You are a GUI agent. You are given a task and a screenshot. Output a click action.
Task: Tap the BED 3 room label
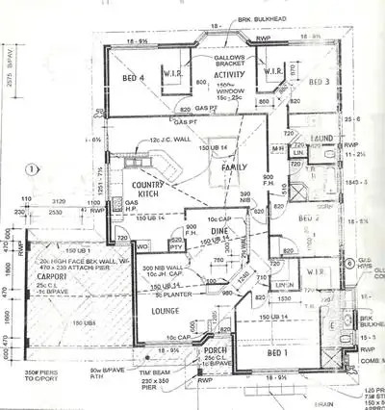pos(318,82)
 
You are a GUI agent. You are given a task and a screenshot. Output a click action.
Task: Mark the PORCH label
pos(213,350)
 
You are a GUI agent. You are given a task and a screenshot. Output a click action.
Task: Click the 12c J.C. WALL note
pos(174,142)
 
